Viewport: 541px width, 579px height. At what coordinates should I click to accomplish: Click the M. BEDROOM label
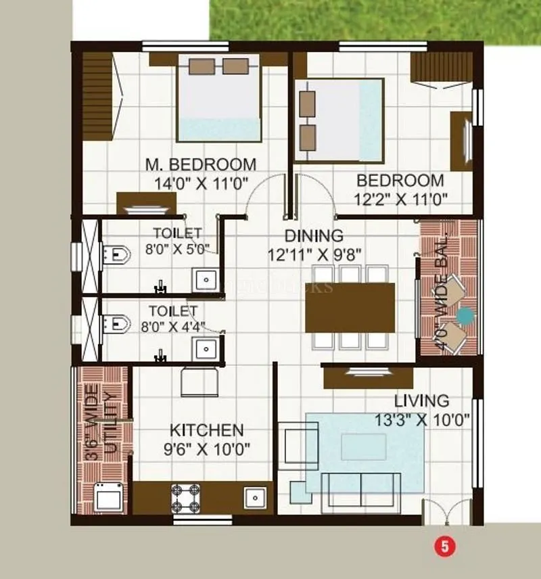201,164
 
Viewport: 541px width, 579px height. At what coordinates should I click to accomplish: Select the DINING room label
314,236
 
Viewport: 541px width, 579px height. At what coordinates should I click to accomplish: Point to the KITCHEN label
206,430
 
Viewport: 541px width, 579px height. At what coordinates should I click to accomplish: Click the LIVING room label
421,401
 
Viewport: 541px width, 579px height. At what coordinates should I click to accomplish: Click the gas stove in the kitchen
185,499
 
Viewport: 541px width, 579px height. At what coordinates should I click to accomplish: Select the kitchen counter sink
254,497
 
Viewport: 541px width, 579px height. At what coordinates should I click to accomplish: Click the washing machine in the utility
108,499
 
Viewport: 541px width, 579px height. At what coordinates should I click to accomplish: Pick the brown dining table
350,307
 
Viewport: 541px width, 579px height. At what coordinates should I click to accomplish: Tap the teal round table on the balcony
465,315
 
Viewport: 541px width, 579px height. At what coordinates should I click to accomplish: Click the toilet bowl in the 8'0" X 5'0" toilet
116,255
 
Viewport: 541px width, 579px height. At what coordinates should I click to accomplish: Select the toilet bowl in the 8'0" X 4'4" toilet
116,324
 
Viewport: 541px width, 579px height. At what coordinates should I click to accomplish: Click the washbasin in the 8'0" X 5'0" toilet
204,280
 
